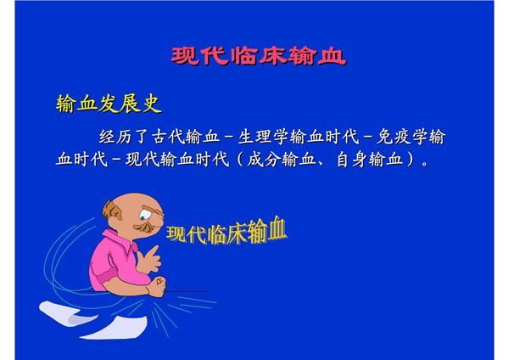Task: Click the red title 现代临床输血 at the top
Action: [258, 57]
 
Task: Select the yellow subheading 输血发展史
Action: [108, 104]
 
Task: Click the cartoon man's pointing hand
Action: [153, 255]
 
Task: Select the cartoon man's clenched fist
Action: [156, 287]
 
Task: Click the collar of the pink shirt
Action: [127, 241]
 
